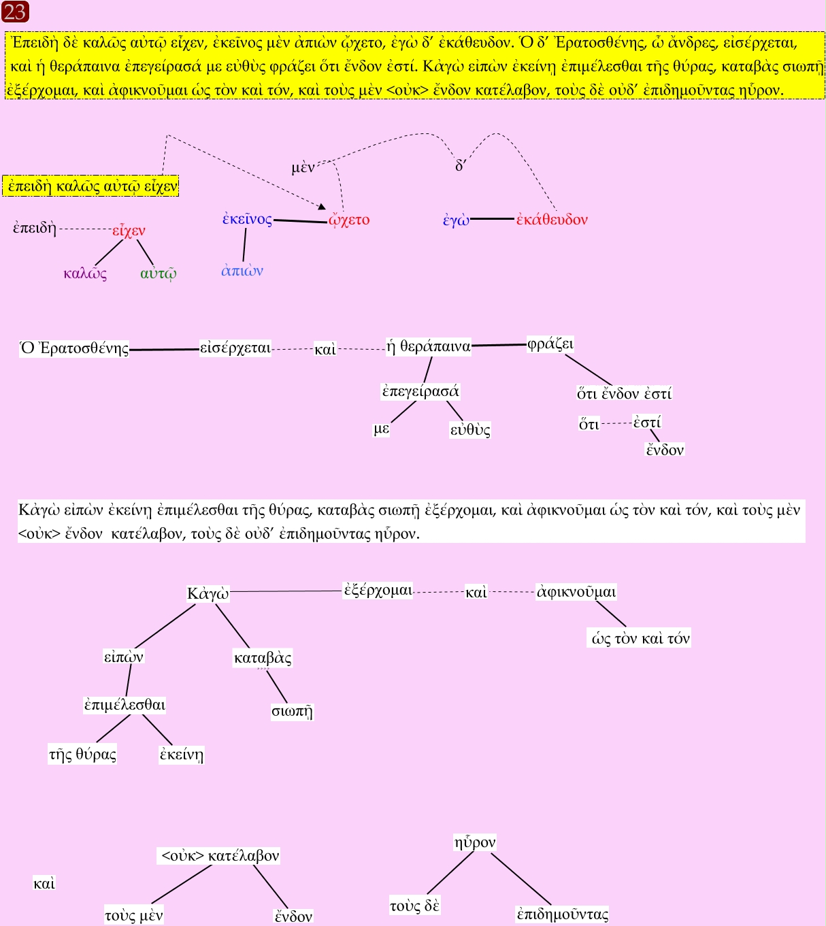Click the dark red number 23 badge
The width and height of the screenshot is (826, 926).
point(15,12)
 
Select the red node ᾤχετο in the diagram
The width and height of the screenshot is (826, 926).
point(349,220)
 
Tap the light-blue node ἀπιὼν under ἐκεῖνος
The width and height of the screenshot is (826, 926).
point(242,271)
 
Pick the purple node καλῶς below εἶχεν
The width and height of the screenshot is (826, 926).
point(85,274)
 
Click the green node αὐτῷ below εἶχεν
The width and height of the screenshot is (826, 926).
point(159,274)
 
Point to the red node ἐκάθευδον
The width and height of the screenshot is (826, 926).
point(552,219)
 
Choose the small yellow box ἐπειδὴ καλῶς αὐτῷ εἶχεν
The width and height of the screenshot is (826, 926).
point(91,186)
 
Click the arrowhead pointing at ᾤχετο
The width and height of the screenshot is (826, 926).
point(322,205)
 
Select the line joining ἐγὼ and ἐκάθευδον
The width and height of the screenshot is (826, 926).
point(492,219)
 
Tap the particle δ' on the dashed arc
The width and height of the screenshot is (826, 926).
point(460,166)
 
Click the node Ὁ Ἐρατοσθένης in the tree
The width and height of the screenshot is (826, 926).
point(75,348)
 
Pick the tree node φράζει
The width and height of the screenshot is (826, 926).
point(550,344)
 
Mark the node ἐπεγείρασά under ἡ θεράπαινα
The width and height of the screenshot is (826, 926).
point(420,391)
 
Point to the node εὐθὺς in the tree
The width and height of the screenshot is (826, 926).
point(470,429)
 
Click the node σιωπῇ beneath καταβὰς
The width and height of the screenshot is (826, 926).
point(292,711)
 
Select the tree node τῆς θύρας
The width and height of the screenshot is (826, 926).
point(82,754)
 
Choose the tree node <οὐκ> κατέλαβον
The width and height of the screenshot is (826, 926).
point(220,855)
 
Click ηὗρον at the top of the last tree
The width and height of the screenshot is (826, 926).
point(475,842)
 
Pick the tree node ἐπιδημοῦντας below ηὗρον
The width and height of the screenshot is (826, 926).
point(563,914)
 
